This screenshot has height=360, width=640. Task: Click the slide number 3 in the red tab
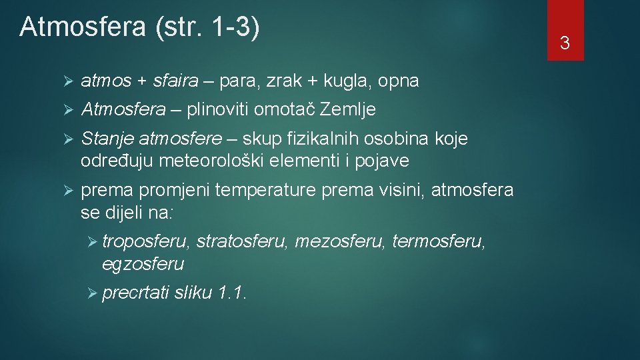click(565, 44)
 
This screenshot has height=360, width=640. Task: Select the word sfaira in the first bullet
click(176, 81)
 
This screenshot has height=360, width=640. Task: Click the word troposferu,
click(146, 241)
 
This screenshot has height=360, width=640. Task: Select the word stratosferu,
click(243, 241)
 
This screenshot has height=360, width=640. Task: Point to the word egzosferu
click(143, 265)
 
